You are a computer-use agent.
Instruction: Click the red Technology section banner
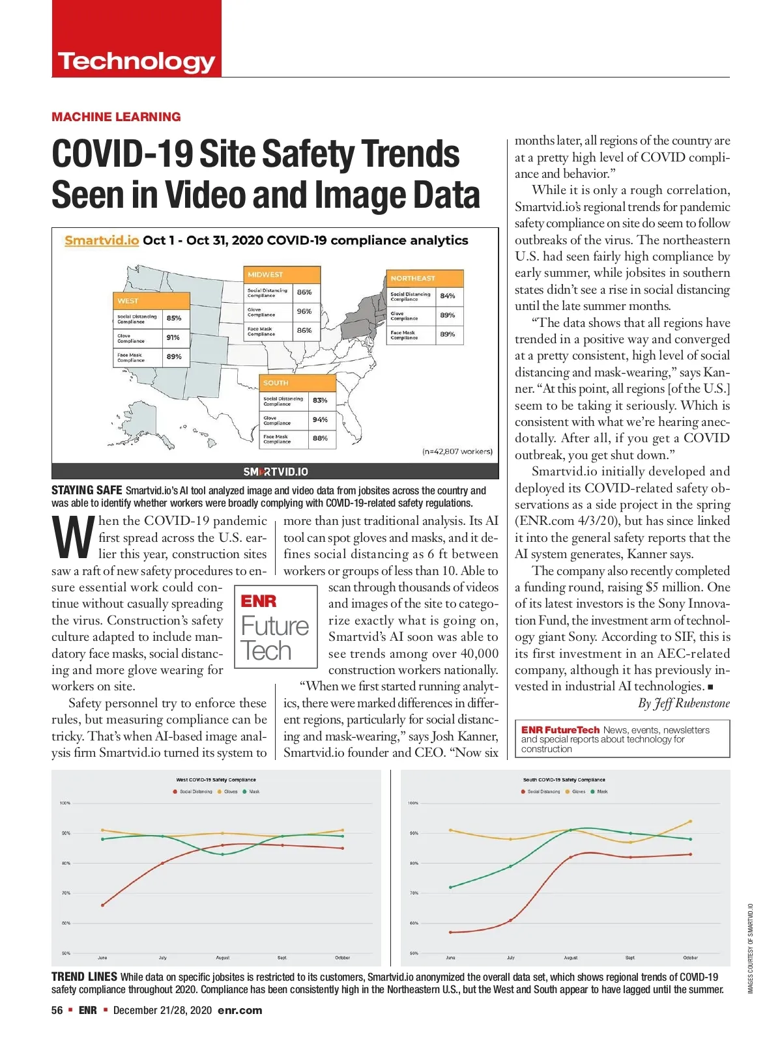[x=136, y=39]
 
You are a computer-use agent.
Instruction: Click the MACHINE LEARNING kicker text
[x=116, y=117]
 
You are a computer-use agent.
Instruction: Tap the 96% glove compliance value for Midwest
[x=304, y=311]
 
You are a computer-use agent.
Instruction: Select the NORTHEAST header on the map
[x=413, y=278]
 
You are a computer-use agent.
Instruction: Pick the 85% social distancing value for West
[x=174, y=318]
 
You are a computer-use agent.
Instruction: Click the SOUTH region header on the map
[x=276, y=383]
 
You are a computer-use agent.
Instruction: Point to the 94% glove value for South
[x=320, y=420]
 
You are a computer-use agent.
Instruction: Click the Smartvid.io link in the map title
[x=102, y=240]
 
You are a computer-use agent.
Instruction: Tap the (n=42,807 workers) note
[x=457, y=451]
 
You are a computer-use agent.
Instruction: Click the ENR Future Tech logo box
[x=275, y=627]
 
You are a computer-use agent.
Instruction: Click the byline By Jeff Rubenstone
[x=684, y=703]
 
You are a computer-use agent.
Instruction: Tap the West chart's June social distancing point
[x=103, y=905]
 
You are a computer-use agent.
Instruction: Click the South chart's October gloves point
[x=690, y=821]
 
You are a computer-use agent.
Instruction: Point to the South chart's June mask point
[x=450, y=888]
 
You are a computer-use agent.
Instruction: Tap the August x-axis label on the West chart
[x=223, y=958]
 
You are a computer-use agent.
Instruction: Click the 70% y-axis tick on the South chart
[x=414, y=893]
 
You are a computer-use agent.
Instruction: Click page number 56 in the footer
[x=57, y=1010]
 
